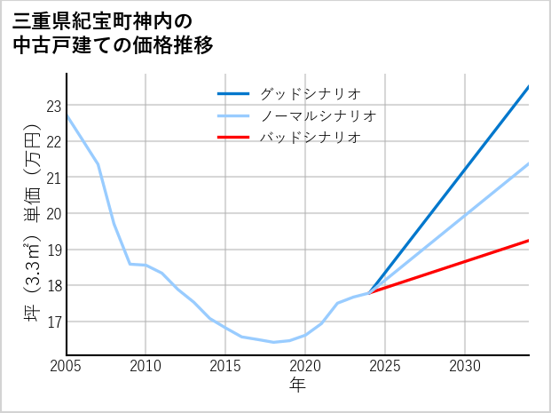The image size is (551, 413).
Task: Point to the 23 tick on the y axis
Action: pos(53,106)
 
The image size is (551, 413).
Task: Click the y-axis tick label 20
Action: pos(53,213)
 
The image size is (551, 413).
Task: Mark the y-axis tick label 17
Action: pos(53,322)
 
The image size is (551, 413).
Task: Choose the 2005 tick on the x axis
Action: pos(67,366)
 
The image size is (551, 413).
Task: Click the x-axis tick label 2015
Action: pos(226,366)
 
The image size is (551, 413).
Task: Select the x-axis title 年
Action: pos(298,385)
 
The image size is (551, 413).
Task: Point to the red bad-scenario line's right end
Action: pos(529,241)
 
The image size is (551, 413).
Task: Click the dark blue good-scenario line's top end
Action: pos(529,87)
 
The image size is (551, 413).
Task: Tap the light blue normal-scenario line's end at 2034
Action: pos(529,163)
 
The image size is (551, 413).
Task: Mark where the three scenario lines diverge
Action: pos(370,292)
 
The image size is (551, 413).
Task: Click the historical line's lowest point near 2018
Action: pos(273,342)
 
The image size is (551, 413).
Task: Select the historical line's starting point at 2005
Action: pos(67,116)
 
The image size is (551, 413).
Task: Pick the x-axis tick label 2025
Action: pos(385,366)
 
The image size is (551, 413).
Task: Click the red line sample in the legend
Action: pos(234,138)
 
